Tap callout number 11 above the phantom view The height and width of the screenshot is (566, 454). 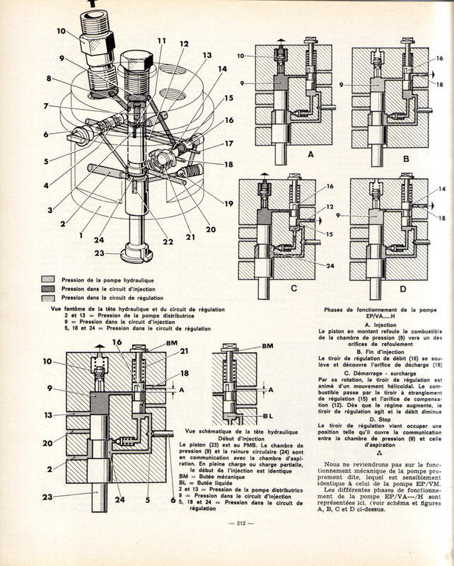point(162,40)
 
